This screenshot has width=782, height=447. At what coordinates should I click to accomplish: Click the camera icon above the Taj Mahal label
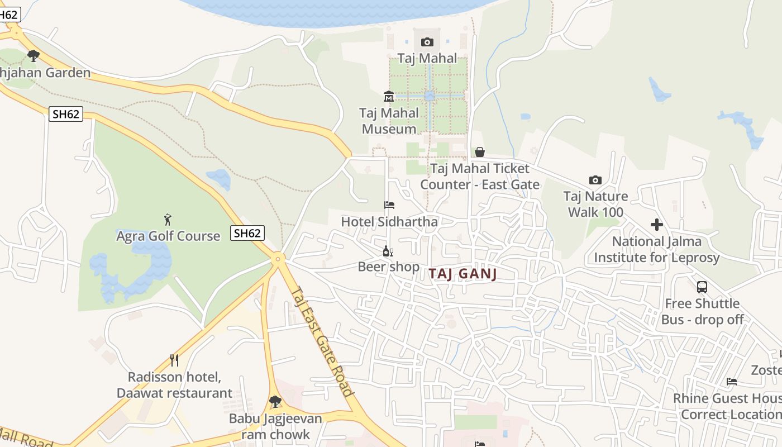click(x=427, y=42)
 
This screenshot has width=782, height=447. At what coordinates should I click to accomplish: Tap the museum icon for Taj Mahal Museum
click(x=389, y=97)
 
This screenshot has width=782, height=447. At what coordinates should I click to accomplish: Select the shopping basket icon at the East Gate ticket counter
click(x=479, y=152)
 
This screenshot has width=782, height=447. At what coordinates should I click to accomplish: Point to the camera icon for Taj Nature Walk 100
click(x=595, y=180)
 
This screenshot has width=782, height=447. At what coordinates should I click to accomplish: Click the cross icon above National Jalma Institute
click(x=657, y=225)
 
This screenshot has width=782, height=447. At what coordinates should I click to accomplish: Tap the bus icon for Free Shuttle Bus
click(x=702, y=287)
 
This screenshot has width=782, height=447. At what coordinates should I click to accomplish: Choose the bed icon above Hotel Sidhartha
click(x=389, y=205)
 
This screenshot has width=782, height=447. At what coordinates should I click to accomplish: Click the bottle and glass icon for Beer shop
click(x=388, y=251)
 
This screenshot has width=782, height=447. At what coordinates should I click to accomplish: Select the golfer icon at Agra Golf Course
click(x=168, y=220)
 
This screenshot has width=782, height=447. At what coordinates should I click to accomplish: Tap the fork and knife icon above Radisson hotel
click(x=174, y=360)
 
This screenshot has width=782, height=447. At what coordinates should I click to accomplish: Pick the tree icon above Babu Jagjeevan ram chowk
click(x=275, y=401)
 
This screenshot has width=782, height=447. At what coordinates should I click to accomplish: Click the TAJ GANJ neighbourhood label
click(x=462, y=274)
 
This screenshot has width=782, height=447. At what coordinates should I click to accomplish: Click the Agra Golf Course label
click(x=168, y=236)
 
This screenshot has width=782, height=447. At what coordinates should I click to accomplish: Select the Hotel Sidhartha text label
click(x=389, y=222)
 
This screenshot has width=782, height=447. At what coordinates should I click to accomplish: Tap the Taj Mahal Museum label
click(x=389, y=121)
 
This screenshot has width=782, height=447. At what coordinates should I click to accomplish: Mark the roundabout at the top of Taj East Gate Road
click(x=278, y=258)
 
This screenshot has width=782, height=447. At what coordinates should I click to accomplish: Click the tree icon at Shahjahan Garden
click(x=34, y=56)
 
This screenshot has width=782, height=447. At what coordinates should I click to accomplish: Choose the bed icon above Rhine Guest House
click(x=732, y=382)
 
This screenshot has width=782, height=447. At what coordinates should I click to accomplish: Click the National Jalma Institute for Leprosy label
click(x=657, y=250)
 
